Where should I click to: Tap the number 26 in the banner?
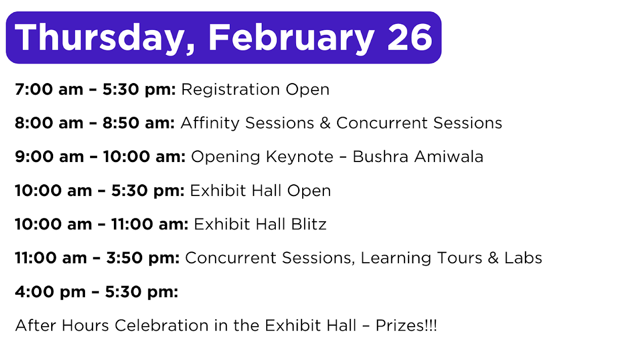[x=409, y=37]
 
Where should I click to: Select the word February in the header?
[x=291, y=38]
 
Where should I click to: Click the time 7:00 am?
[x=49, y=90]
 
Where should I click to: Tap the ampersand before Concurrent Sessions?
[x=325, y=123]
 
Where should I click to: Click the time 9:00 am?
[x=49, y=157]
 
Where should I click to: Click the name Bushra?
[x=380, y=157]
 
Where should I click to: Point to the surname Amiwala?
[x=448, y=157]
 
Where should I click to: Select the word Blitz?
[x=309, y=224]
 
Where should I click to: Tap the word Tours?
[x=460, y=258]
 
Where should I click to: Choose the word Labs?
[x=523, y=258]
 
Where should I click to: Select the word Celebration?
[x=161, y=326]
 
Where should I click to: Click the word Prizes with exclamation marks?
[x=406, y=326]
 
